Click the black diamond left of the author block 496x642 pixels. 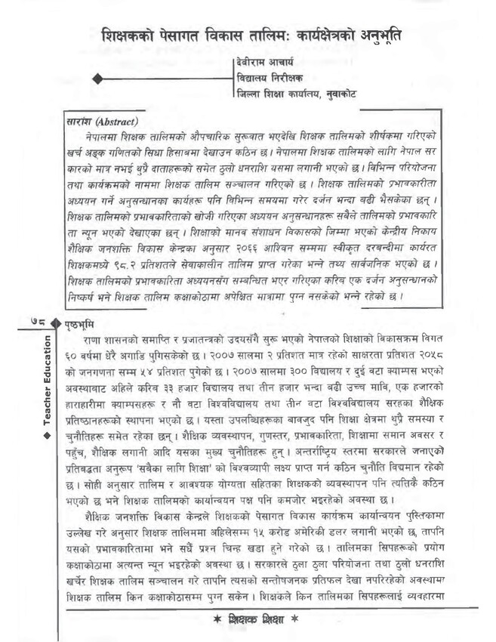(x=96, y=79)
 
